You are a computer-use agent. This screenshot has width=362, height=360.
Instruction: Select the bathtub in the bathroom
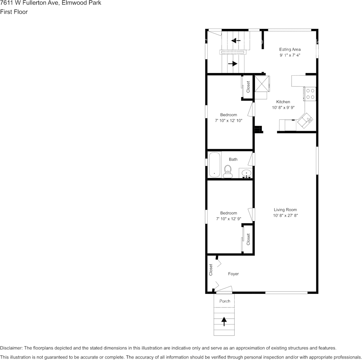(x=215, y=165)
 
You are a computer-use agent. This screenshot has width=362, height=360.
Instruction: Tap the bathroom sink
(x=246, y=174)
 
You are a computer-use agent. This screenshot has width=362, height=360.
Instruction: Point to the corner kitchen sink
(x=306, y=121)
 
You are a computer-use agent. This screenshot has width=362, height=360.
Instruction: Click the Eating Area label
(x=290, y=49)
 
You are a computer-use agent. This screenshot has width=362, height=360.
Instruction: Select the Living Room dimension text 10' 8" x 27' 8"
(x=285, y=216)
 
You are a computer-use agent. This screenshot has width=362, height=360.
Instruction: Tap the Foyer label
(x=233, y=274)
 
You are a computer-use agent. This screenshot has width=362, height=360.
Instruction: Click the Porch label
(x=225, y=301)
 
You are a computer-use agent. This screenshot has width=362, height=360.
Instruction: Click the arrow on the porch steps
(x=224, y=322)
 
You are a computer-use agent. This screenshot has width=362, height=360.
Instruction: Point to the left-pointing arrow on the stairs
(x=236, y=40)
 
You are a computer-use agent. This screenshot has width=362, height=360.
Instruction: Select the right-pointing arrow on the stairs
(x=232, y=64)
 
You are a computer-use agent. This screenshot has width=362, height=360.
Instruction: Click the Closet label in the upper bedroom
(x=248, y=87)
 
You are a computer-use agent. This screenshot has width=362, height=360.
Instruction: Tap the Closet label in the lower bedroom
(x=248, y=239)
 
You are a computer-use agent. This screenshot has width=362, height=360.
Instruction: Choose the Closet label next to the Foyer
(x=210, y=270)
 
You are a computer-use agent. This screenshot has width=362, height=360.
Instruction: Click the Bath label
(x=233, y=159)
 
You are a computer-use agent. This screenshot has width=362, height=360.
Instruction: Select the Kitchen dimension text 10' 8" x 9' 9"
(x=283, y=108)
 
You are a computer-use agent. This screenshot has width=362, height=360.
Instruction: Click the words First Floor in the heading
(x=14, y=12)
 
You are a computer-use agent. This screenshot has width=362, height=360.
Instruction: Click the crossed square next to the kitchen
(x=261, y=83)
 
